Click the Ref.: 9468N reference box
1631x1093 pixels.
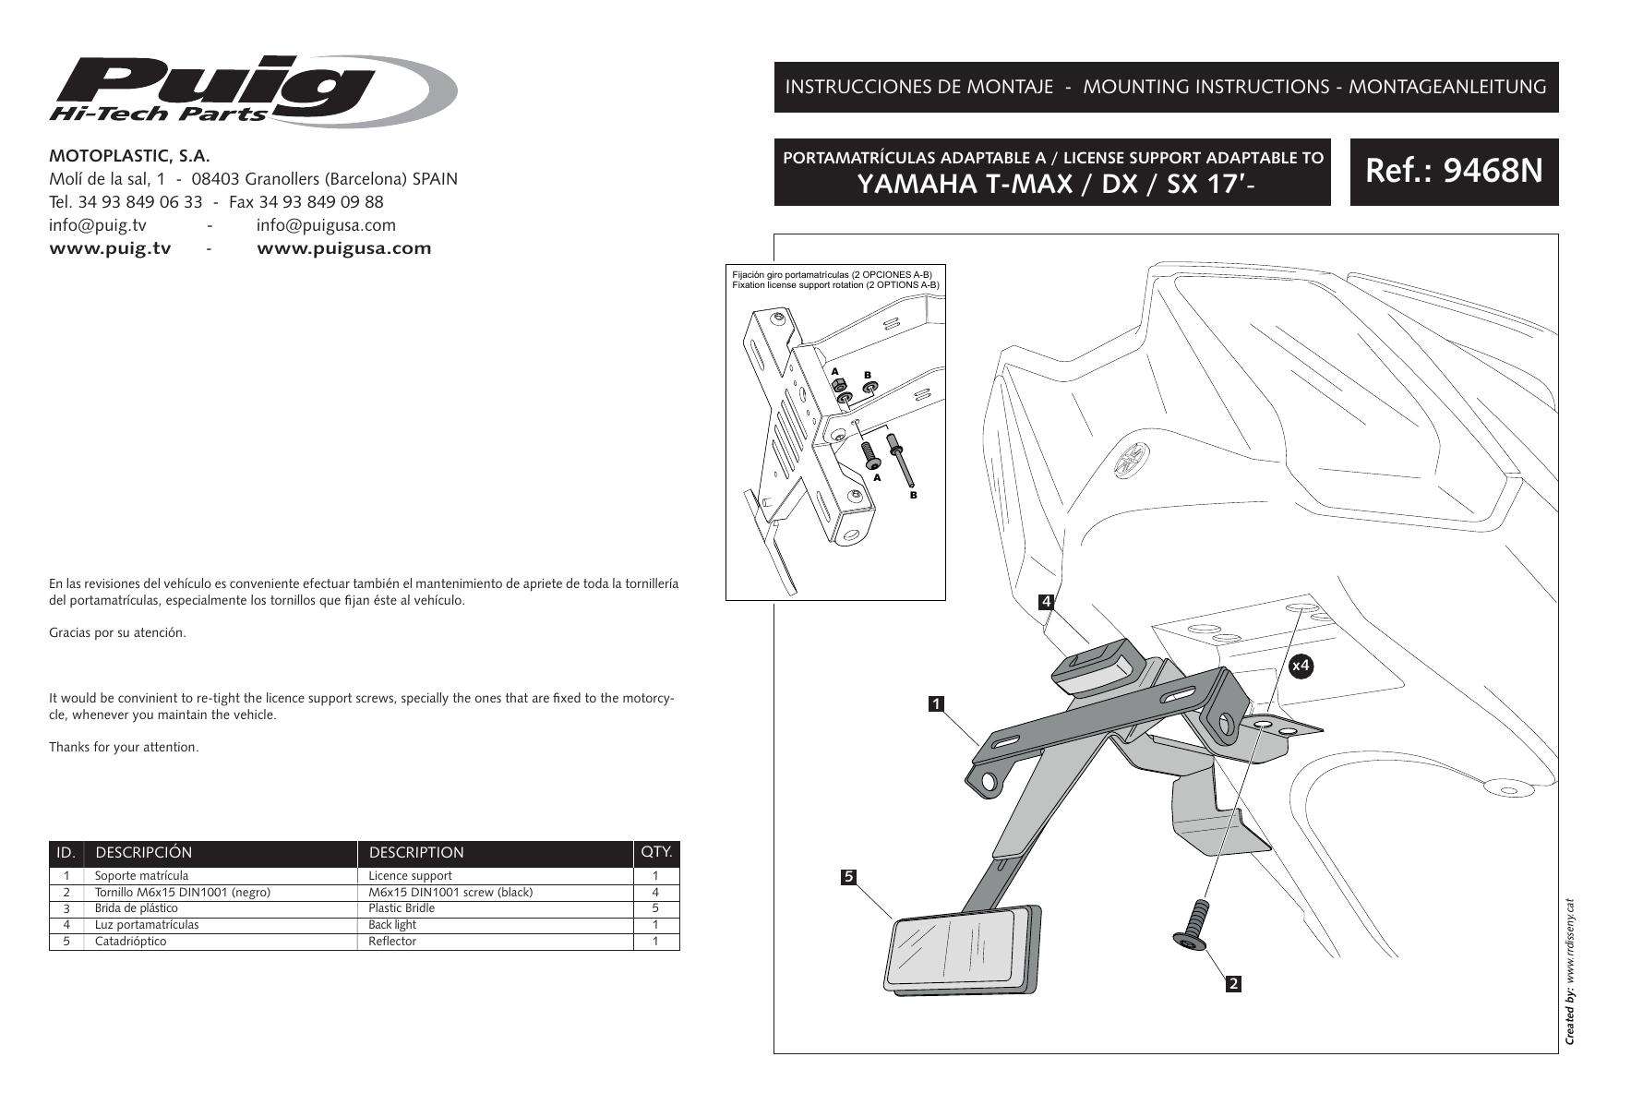pos(1454,172)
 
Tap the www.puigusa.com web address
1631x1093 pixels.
pos(343,248)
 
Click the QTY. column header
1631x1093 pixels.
pos(656,852)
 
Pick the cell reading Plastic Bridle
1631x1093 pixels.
pos(402,908)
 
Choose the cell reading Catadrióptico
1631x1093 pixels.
pos(131,942)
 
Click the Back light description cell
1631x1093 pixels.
pos(392,925)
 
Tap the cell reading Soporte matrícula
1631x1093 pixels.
pos(141,875)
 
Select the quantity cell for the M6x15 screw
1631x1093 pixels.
pos(655,893)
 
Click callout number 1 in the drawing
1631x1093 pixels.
pos(936,704)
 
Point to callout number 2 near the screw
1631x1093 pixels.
pos(1232,984)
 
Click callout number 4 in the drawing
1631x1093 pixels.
pos(1047,602)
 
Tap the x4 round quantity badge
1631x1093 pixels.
pos(1301,665)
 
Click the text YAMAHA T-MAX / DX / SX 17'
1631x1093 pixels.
pos(1050,185)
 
